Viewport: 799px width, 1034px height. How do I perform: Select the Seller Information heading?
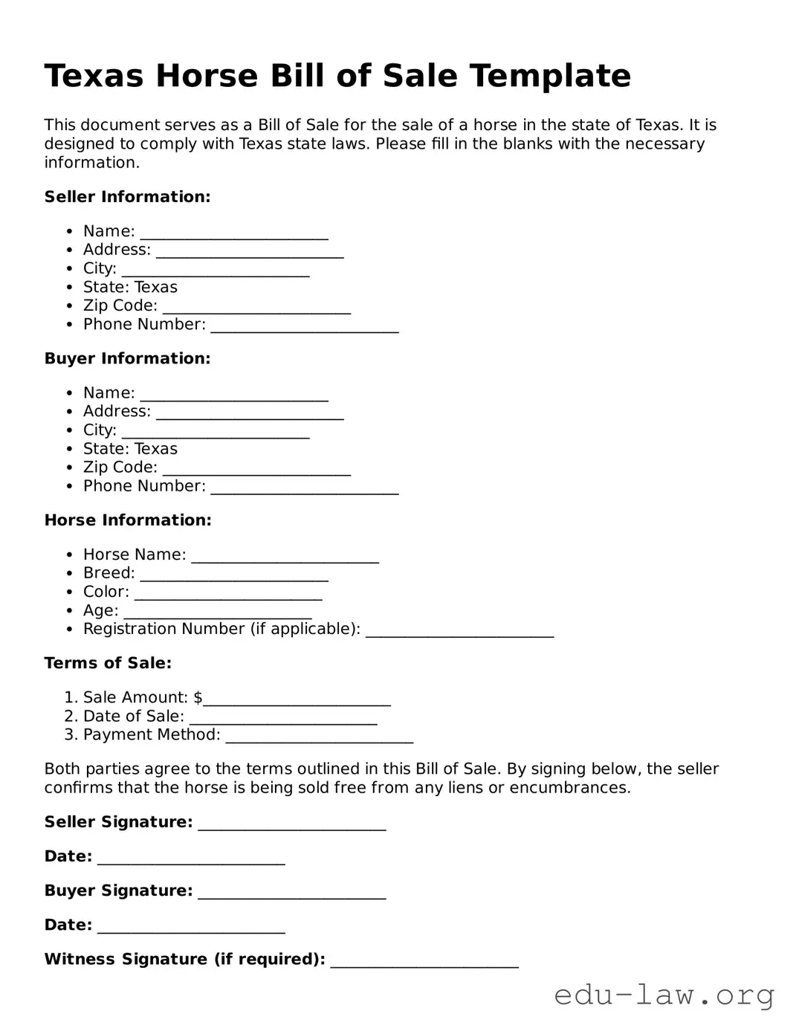point(127,197)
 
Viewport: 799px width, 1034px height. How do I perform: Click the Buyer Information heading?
point(127,358)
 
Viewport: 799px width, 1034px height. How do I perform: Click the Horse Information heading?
point(128,520)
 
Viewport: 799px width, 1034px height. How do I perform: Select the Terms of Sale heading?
point(108,663)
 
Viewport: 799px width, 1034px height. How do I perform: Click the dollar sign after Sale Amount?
point(198,697)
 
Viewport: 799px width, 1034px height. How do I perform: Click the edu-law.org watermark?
point(664,995)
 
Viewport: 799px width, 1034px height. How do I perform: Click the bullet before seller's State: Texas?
point(69,288)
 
